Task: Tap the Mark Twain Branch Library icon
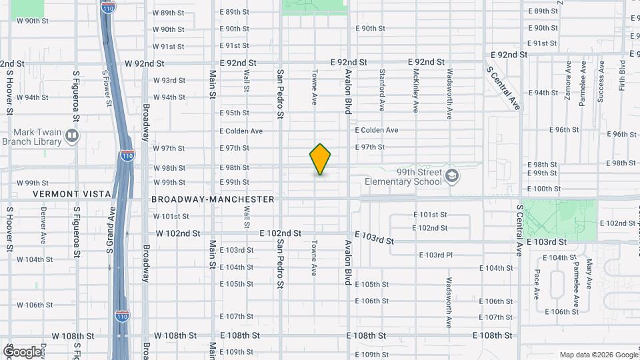coord(71,137)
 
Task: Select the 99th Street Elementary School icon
coord(453,176)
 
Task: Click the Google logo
coord(22,351)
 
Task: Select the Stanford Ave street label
coord(382,90)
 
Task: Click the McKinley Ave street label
coord(415,90)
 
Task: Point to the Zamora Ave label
coord(568,81)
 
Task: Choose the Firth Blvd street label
coord(622,76)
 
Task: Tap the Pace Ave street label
coord(537,284)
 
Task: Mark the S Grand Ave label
coord(111,225)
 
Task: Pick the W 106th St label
coord(35,305)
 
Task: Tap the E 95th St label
coord(234,113)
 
